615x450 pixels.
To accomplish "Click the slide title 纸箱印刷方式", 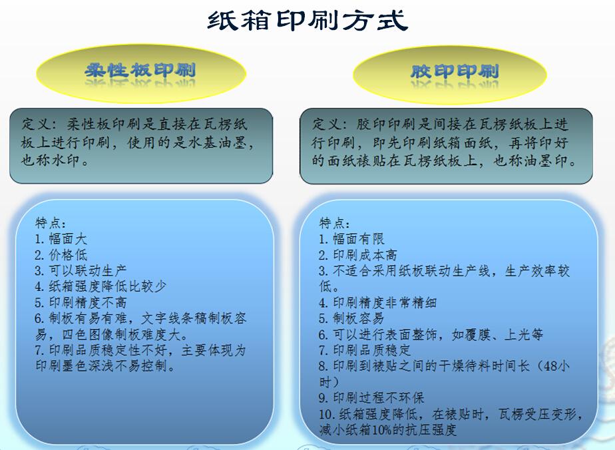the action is point(307,21).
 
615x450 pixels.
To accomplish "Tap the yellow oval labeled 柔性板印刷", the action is point(141,73).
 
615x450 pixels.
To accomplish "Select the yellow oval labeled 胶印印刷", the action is point(449,75).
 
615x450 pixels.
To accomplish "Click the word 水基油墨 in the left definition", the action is point(218,142).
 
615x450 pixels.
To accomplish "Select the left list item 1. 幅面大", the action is point(61,238).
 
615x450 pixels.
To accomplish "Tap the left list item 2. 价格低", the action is point(61,254).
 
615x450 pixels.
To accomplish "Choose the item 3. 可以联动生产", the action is point(81,270).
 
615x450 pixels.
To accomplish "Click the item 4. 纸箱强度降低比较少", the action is point(101,286).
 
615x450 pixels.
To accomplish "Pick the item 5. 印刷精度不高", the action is point(81,302).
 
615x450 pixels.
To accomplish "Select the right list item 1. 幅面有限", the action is point(351,238).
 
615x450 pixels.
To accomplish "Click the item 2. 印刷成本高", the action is point(357,254).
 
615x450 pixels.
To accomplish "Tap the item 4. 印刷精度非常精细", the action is point(377,302).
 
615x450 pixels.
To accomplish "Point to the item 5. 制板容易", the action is point(351,318).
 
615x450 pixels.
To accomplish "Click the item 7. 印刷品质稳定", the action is point(364,349).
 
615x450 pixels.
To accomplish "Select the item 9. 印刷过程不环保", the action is point(371,397).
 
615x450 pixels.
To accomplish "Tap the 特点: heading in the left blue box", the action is point(51,223).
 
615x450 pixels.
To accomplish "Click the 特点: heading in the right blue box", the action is point(335,223).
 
